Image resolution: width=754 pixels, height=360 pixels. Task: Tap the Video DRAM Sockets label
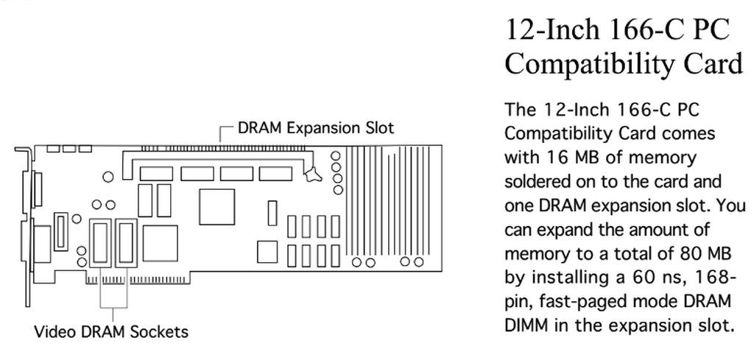(111, 331)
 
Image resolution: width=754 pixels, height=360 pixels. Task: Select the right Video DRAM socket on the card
(124, 242)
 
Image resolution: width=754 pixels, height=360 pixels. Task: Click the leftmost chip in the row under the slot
(156, 174)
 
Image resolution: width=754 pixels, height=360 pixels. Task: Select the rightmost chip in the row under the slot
(275, 174)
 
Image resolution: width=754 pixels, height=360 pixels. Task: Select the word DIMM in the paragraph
(529, 325)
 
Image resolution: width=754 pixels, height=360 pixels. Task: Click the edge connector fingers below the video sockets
(110, 279)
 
